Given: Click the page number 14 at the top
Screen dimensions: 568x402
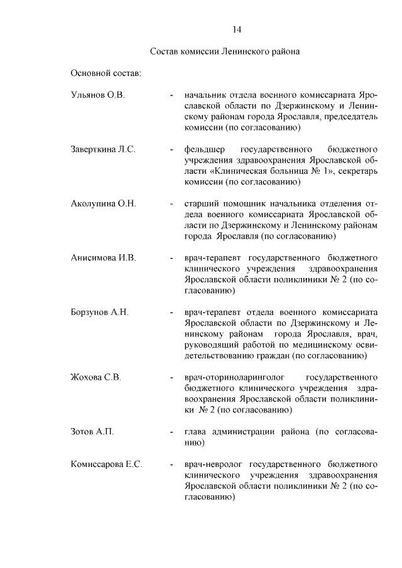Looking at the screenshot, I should pyautogui.click(x=237, y=29).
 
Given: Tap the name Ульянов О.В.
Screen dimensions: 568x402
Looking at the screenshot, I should pyautogui.click(x=98, y=95).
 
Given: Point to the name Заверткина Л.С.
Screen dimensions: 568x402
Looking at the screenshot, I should pyautogui.click(x=103, y=149).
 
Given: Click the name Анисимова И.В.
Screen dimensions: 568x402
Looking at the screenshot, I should pyautogui.click(x=104, y=258).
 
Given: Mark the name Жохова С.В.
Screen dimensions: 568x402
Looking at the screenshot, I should pyautogui.click(x=95, y=377).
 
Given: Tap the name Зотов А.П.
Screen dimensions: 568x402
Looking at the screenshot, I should pyautogui.click(x=92, y=432).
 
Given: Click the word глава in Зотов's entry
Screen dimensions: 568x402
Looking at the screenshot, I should pyautogui.click(x=195, y=432).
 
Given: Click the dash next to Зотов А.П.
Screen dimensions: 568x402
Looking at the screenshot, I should pyautogui.click(x=171, y=432).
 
